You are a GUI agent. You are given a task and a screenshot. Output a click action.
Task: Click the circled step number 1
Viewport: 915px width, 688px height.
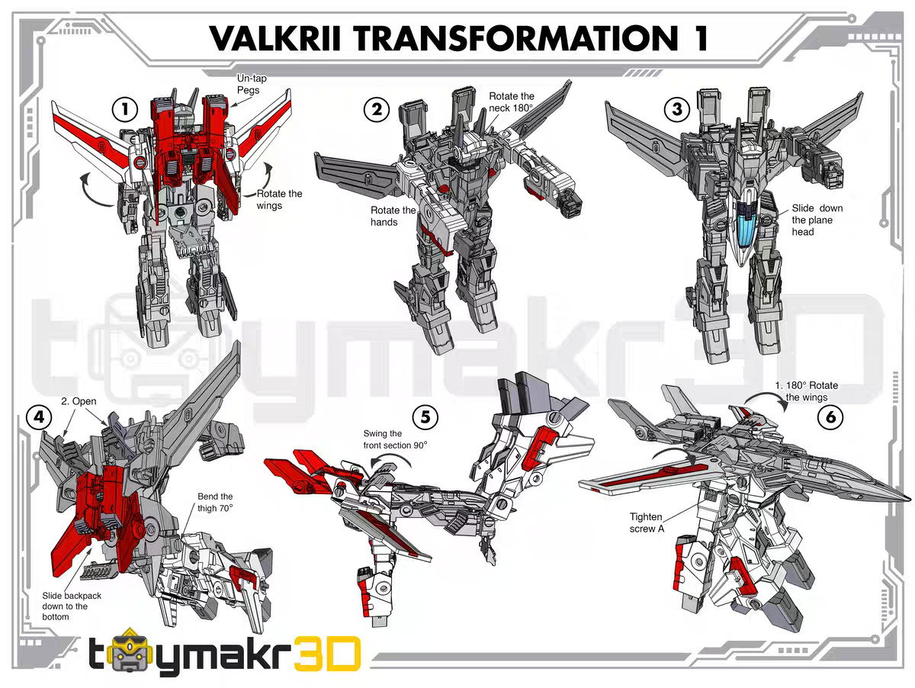pos(124,109)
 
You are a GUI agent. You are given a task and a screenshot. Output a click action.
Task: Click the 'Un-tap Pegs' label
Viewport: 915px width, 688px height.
pos(252,85)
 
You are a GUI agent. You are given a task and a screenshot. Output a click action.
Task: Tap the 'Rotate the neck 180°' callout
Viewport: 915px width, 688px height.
pos(512,102)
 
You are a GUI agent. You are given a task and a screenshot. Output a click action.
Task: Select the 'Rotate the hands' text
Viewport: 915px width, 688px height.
pos(393,216)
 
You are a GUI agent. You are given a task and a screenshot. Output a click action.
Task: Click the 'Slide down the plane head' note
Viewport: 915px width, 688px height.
pos(816,220)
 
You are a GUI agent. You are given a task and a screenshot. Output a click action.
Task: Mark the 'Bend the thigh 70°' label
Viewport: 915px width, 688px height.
pos(215,501)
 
